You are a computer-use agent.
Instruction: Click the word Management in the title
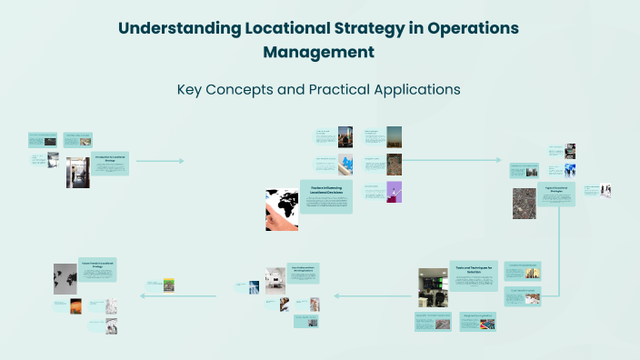[318, 52]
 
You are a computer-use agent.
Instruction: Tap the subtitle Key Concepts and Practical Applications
[318, 90]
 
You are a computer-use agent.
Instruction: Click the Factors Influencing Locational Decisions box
[325, 196]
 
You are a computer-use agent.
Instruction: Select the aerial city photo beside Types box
[525, 203]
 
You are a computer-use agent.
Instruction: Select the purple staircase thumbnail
[395, 192]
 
